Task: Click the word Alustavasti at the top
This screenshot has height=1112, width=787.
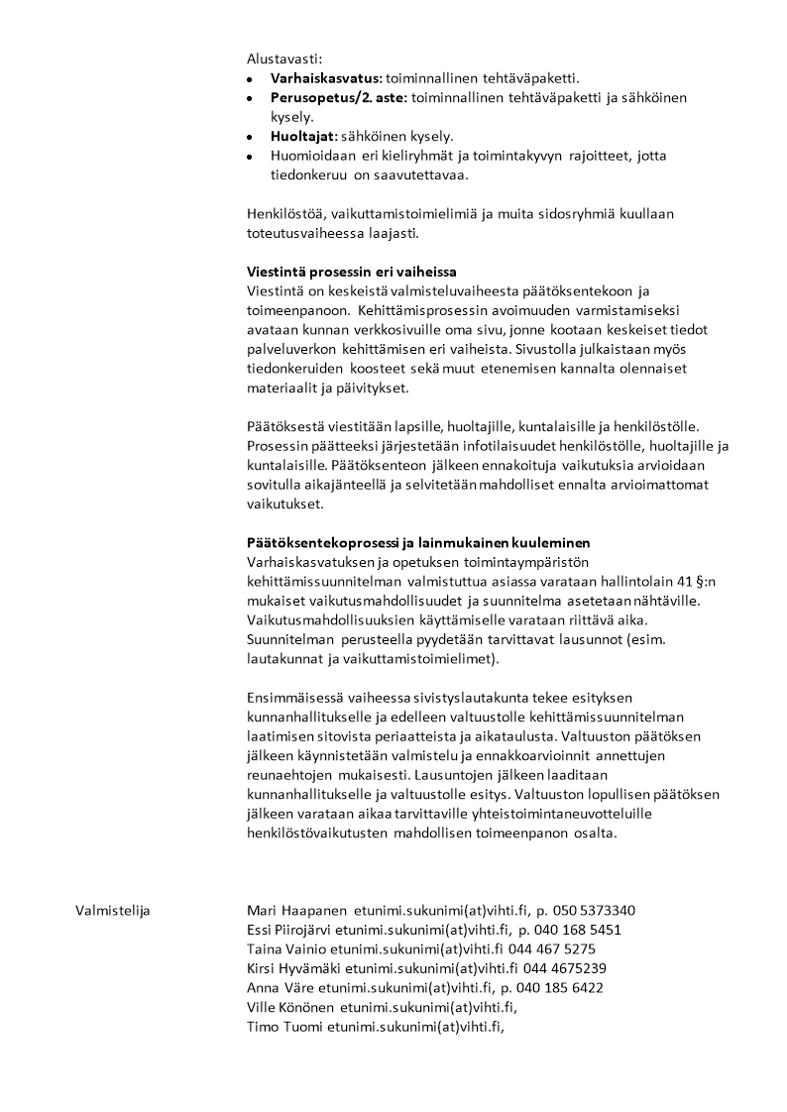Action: click(x=284, y=59)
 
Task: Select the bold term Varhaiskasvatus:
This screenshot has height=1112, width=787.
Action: click(x=326, y=78)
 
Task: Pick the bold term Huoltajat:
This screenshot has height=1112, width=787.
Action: click(x=304, y=136)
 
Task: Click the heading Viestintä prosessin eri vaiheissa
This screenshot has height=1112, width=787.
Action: click(x=358, y=272)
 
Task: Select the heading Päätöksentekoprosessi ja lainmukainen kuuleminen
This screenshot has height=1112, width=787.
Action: click(x=418, y=542)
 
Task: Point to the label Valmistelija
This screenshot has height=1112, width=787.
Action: click(x=112, y=911)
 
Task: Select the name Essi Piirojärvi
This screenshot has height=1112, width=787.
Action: click(x=288, y=930)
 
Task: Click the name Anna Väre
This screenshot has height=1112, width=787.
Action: click(x=279, y=987)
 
